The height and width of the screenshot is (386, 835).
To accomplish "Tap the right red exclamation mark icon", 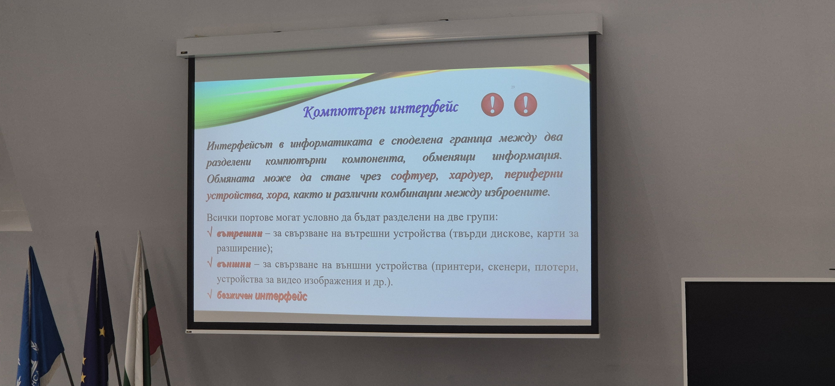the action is [x=525, y=104].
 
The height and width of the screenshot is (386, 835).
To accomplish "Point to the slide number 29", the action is [x=513, y=87].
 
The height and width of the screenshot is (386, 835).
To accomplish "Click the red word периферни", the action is [x=533, y=174].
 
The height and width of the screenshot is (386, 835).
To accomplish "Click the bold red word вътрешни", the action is [x=239, y=234].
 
